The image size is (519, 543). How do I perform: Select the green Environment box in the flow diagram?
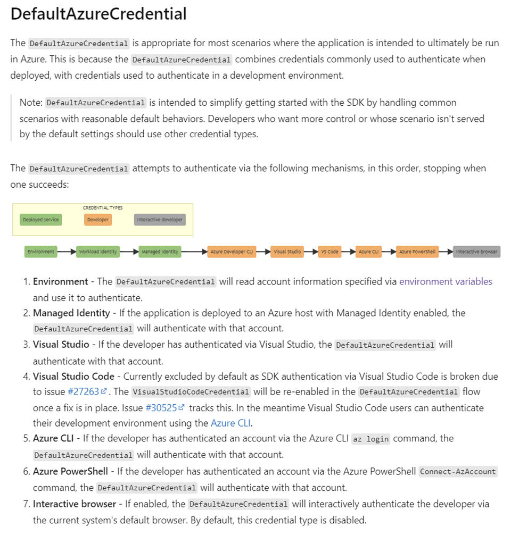41,252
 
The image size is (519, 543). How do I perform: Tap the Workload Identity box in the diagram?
98,252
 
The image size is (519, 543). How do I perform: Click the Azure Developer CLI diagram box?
232,252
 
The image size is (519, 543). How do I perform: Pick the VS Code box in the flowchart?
329,252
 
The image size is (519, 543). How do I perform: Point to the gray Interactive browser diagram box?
477,252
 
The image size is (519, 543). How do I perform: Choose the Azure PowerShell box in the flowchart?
417,252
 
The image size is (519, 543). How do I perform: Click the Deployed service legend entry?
41,220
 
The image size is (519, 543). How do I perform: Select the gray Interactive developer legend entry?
160,220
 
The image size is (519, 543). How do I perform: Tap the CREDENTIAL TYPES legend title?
103,208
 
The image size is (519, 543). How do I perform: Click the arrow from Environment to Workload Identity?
67,252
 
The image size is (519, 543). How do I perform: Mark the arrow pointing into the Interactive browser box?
446,252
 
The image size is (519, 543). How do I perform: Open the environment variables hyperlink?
446,282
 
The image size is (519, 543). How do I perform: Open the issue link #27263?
84,392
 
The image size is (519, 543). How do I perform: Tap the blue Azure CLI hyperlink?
230,423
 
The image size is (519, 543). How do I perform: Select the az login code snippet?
370,439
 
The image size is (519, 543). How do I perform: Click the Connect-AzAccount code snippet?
458,471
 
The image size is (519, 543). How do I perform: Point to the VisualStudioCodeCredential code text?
191,392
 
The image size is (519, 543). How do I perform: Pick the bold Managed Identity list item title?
71,313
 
